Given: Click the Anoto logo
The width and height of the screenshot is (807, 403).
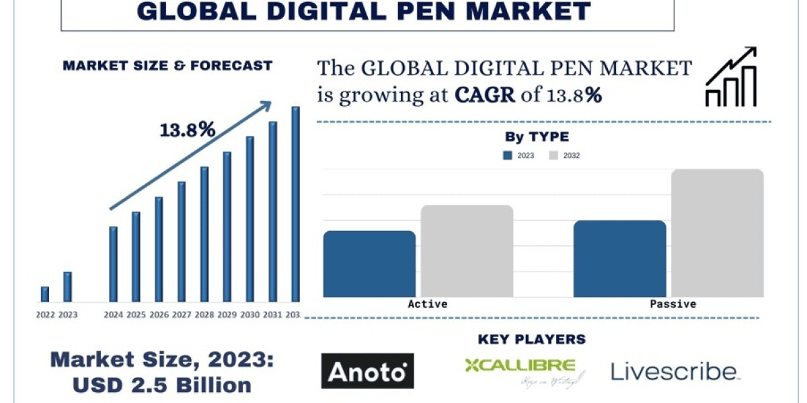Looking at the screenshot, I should [x=367, y=371].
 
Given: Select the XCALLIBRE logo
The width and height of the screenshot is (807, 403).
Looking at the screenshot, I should [x=520, y=371].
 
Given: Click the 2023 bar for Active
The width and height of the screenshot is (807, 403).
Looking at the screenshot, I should [x=369, y=264].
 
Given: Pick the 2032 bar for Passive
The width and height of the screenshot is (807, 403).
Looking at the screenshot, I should [x=717, y=233].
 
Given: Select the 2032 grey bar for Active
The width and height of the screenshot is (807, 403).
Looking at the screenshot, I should [x=467, y=251].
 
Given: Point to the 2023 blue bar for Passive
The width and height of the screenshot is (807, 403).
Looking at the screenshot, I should [x=619, y=259].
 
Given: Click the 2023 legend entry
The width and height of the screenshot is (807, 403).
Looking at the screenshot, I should [x=518, y=155].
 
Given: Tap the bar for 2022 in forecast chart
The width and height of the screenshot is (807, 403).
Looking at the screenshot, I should [x=45, y=294].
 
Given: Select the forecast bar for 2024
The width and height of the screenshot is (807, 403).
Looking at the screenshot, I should [x=113, y=264].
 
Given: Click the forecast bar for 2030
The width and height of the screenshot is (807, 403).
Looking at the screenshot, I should [x=249, y=219].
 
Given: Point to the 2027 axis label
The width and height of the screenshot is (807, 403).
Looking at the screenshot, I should [x=182, y=314].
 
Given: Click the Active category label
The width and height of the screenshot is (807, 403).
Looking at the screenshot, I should [x=427, y=304].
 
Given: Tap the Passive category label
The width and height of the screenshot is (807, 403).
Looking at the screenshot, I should [x=672, y=304].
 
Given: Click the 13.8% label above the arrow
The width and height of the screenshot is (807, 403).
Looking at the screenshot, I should [x=187, y=130].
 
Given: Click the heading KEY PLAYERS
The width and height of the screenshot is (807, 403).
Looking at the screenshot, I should [x=531, y=339].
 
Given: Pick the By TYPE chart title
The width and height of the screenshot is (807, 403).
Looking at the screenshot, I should [x=537, y=137].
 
